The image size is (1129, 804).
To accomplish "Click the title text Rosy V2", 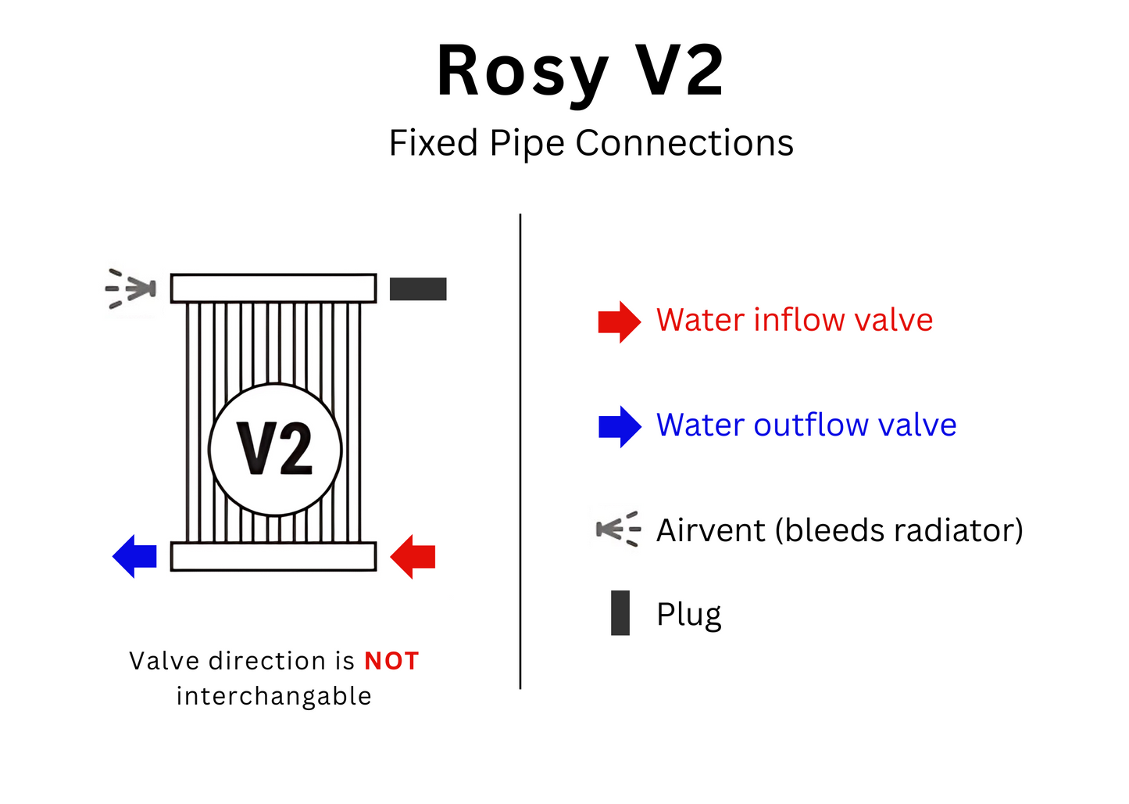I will [x=580, y=72].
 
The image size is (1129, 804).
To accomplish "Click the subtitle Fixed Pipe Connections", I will [x=591, y=144].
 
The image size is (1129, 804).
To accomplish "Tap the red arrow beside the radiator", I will [x=414, y=557].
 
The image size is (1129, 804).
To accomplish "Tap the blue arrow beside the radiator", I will [x=136, y=557].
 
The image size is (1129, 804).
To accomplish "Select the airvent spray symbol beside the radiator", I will [x=131, y=289].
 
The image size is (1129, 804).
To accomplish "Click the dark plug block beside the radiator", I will [x=418, y=289].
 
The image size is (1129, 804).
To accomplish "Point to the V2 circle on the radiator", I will [x=275, y=449].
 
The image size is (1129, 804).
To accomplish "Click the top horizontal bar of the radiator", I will [x=273, y=288].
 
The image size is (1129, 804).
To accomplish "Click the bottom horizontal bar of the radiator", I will [x=273, y=557].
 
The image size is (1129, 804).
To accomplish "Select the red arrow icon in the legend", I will [x=619, y=321].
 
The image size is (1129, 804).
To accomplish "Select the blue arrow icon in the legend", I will [x=619, y=426].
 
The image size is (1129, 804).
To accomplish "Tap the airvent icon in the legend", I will [x=618, y=529].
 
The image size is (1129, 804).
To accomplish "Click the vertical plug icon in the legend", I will [x=620, y=613].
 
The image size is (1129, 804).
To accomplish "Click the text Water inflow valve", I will [x=794, y=321].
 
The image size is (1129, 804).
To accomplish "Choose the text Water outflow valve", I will [x=806, y=425].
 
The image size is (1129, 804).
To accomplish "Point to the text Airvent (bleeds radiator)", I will [x=839, y=530].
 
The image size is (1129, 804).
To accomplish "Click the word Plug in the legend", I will [x=688, y=615].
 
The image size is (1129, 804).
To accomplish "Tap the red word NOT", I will [x=391, y=662].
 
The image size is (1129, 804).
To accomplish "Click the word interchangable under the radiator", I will [x=273, y=696].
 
